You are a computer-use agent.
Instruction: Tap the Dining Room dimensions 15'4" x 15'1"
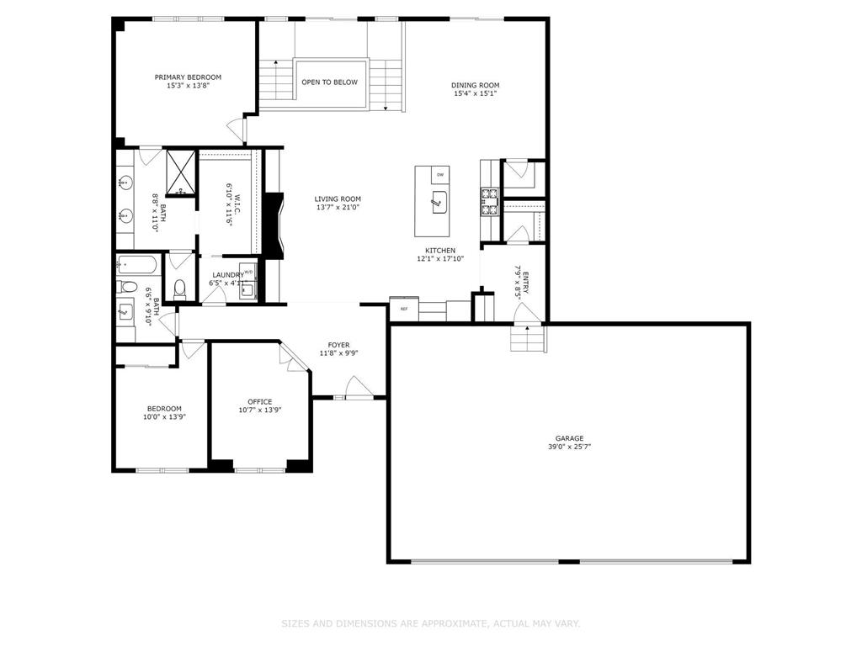(x=476, y=93)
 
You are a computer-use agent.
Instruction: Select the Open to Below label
(x=330, y=82)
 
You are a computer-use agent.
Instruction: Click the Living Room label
(x=338, y=199)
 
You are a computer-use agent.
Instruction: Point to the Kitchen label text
(x=440, y=251)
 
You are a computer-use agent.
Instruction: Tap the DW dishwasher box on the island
(x=439, y=174)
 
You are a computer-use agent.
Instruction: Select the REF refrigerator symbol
(x=404, y=309)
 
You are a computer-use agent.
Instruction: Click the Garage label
(x=569, y=438)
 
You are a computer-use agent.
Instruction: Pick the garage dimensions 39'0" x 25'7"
(x=569, y=447)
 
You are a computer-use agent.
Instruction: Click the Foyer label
(x=338, y=345)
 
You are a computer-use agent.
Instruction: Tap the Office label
(x=259, y=401)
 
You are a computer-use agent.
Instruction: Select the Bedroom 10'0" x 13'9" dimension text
(x=163, y=416)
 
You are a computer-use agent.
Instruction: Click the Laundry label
(x=228, y=274)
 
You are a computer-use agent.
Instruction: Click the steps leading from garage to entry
(x=528, y=340)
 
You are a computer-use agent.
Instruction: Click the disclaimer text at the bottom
(x=430, y=623)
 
